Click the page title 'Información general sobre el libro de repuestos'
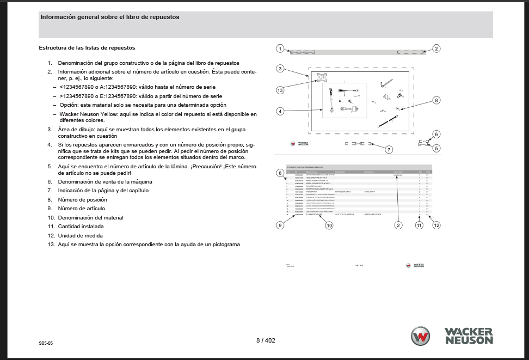coord(110,17)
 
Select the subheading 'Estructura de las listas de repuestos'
coord(87,48)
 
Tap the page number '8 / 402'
coord(266,340)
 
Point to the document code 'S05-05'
coord(46,344)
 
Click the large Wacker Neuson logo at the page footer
coord(452,335)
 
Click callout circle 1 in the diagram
coord(279,49)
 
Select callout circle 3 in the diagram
coord(279,69)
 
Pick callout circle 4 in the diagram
coord(279,111)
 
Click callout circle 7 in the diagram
coord(389,149)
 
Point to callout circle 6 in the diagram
coord(436,134)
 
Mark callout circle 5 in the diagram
coord(436,148)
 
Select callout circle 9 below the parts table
coord(279,225)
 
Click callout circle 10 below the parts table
coord(329,225)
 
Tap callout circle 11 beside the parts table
coord(419,225)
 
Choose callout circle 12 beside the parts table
coord(436,225)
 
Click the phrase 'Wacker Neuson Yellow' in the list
coord(89,114)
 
